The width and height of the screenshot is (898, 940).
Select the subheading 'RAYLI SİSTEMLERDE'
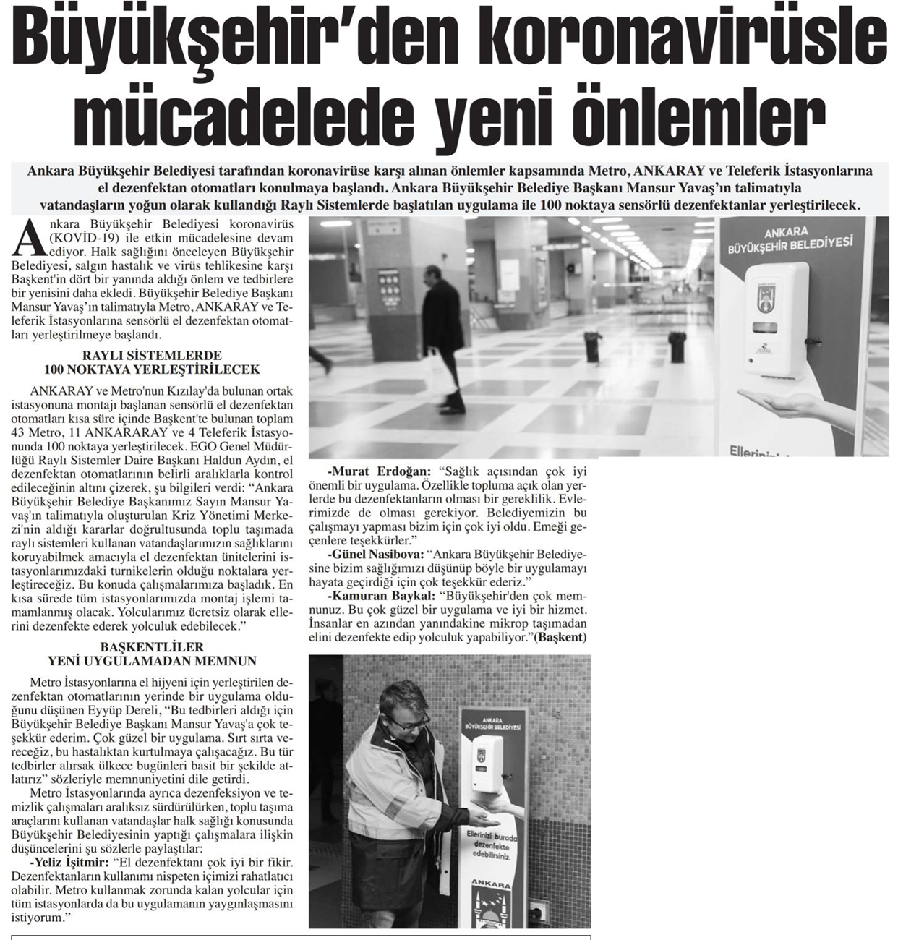coord(152,356)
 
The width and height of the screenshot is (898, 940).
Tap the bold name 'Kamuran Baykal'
coord(379,597)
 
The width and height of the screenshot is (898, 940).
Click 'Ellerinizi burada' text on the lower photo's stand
coord(490,837)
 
